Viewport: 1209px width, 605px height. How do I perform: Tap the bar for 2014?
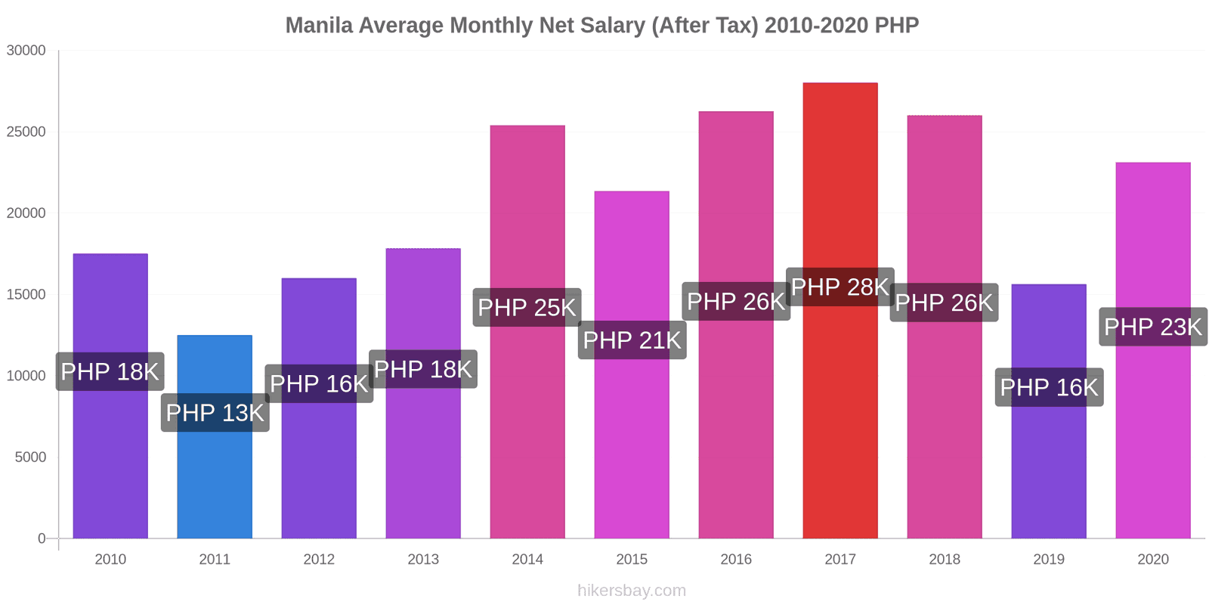tap(527, 423)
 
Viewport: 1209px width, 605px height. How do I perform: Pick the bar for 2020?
tap(1152, 439)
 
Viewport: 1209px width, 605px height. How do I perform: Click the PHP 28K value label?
tap(839, 287)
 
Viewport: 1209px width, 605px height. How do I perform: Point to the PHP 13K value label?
tap(215, 413)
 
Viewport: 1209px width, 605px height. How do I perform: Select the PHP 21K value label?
tap(632, 340)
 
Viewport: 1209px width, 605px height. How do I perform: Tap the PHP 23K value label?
tap(1152, 327)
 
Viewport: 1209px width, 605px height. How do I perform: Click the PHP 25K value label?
tap(527, 307)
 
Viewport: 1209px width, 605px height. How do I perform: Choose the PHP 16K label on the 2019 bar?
tap(1049, 387)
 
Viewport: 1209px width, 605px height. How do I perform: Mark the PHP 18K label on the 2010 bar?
tap(110, 371)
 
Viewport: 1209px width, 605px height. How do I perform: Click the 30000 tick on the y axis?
tap(26, 51)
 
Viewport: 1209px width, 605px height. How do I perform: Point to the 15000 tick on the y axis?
tap(26, 294)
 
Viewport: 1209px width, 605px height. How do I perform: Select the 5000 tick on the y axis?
tap(30, 457)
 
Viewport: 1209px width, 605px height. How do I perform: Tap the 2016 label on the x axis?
tap(735, 559)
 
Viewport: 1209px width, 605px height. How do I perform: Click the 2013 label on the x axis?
tap(422, 559)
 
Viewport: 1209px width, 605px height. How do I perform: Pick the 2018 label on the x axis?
tap(944, 559)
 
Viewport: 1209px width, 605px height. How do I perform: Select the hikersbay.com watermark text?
tap(632, 590)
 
